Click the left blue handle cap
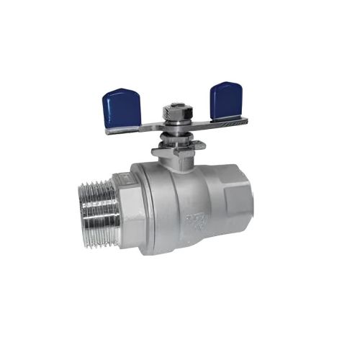point(122,108)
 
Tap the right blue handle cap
point(224,101)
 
